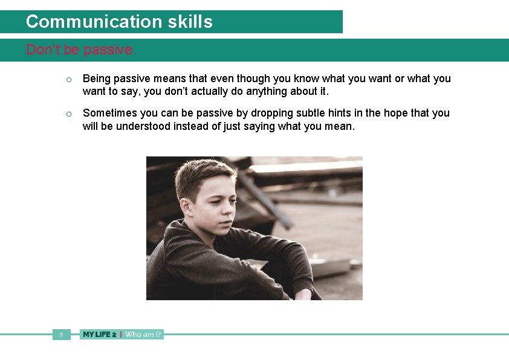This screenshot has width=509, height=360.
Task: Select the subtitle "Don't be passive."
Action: [x=81, y=50]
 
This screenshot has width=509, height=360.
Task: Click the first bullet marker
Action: [x=70, y=80]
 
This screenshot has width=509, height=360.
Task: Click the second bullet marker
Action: [x=70, y=114]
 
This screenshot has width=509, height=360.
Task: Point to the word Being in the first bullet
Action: [x=96, y=79]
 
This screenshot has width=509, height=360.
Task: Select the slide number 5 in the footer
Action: [x=61, y=334]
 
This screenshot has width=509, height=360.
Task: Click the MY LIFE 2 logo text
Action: [x=100, y=334]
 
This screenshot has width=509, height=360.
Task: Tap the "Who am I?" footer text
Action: [x=143, y=334]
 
